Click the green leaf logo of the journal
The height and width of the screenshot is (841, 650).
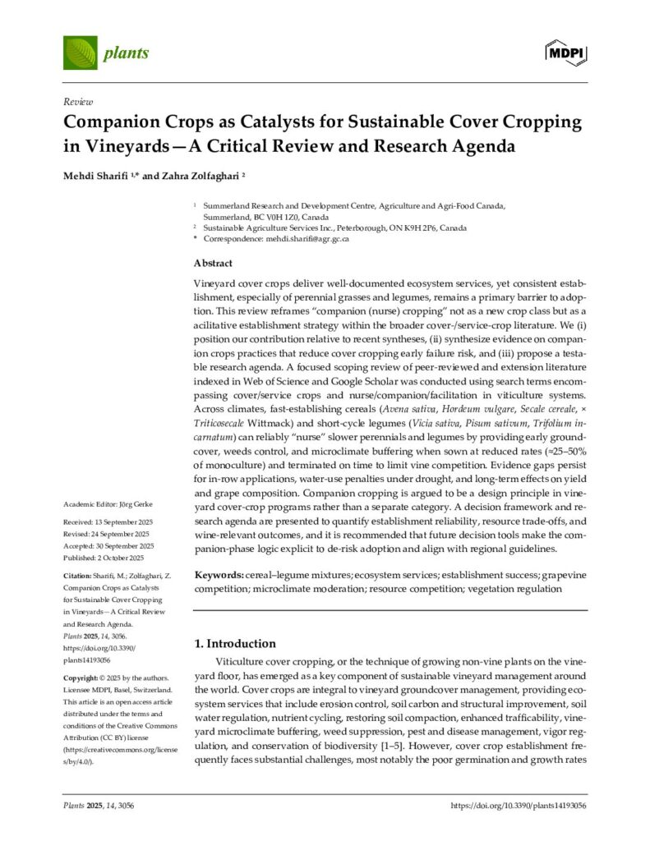coord(80,53)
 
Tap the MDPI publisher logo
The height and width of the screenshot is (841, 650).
coord(565,53)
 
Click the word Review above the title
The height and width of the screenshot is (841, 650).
coord(78,102)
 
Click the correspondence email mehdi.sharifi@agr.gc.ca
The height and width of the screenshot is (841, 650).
coord(307,239)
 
